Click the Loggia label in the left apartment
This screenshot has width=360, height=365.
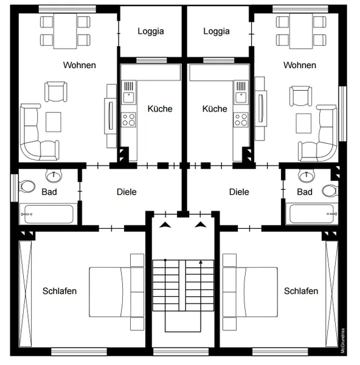coord(151,31)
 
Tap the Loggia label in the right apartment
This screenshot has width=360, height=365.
coord(216,31)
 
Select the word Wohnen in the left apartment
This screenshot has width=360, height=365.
coord(79,65)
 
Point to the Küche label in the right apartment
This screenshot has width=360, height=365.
coord(215,109)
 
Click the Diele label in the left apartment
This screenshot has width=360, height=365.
coord(126,192)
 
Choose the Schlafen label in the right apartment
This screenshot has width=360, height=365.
coord(301,291)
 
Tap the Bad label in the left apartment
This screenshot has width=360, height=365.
coord(49,192)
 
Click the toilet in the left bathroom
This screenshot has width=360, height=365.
coord(27,186)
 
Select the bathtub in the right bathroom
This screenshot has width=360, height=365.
coord(312,214)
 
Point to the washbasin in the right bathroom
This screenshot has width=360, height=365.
coord(306,176)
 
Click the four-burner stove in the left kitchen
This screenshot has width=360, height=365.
coord(128,120)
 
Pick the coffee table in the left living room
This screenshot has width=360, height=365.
coord(54,122)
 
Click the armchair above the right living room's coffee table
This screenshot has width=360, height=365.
coord(300,96)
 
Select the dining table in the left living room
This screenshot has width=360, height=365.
coord(65,31)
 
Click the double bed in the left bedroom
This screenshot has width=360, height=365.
coord(117,292)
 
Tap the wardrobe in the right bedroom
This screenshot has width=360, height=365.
coord(331,294)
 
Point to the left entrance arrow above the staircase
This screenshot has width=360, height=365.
coord(165,225)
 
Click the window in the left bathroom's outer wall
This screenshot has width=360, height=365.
coord(15,187)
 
